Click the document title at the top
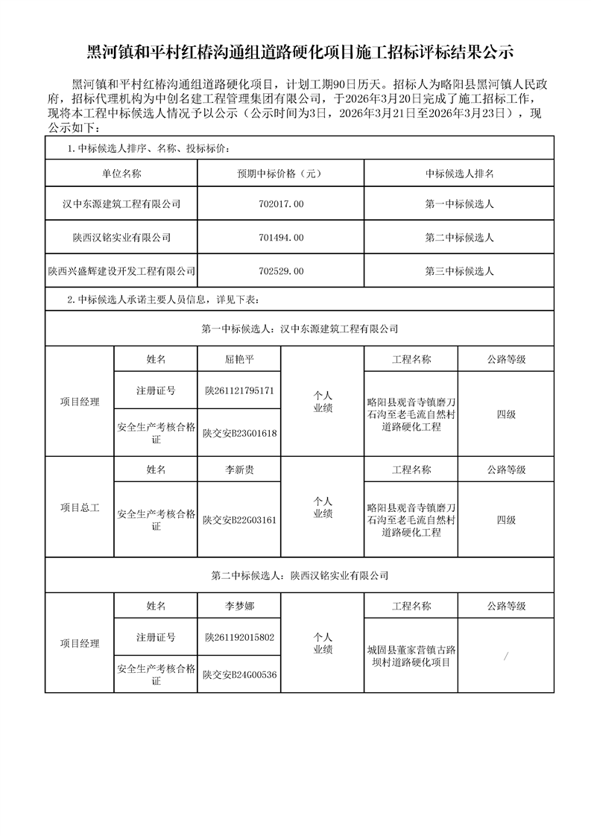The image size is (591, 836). [296, 52]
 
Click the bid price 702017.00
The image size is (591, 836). [280, 203]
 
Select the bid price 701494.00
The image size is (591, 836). [280, 238]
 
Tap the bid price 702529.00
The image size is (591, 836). [280, 272]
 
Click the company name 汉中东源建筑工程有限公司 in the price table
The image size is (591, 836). [121, 203]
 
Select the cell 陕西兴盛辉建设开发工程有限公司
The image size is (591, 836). [121, 272]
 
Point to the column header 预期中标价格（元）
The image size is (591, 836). [280, 174]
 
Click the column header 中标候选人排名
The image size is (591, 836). [459, 174]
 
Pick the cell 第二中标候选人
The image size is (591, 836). [459, 238]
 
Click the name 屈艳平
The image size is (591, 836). [239, 359]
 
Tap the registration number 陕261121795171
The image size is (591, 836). [239, 390]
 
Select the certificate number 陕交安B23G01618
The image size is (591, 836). [239, 433]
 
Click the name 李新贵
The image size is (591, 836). [239, 469]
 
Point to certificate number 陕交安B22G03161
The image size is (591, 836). [239, 519]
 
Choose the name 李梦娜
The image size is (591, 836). [239, 607]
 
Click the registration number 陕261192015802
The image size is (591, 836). [239, 638]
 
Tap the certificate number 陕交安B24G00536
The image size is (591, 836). [239, 674]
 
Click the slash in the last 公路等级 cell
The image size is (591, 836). [506, 656]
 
